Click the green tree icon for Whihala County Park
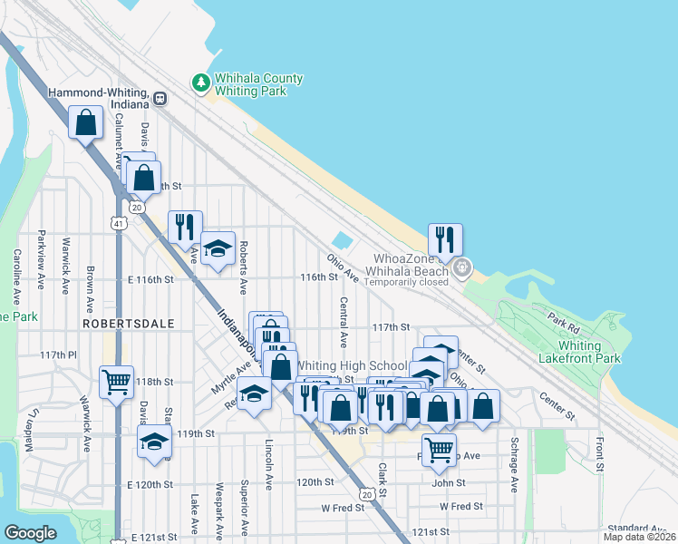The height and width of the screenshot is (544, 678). (200, 83)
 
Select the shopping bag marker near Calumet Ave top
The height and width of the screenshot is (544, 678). (85, 123)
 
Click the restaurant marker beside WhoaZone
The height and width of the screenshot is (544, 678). (445, 240)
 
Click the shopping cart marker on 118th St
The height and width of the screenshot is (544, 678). (116, 383)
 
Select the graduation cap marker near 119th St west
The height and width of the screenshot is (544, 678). (154, 442)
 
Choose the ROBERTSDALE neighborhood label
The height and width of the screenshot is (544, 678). (115, 323)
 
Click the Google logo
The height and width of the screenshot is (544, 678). (31, 533)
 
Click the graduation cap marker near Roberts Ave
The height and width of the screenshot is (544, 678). (218, 249)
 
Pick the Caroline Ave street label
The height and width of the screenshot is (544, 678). (16, 277)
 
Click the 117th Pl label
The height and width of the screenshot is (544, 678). (59, 355)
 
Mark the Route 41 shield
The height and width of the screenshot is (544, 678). (119, 221)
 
